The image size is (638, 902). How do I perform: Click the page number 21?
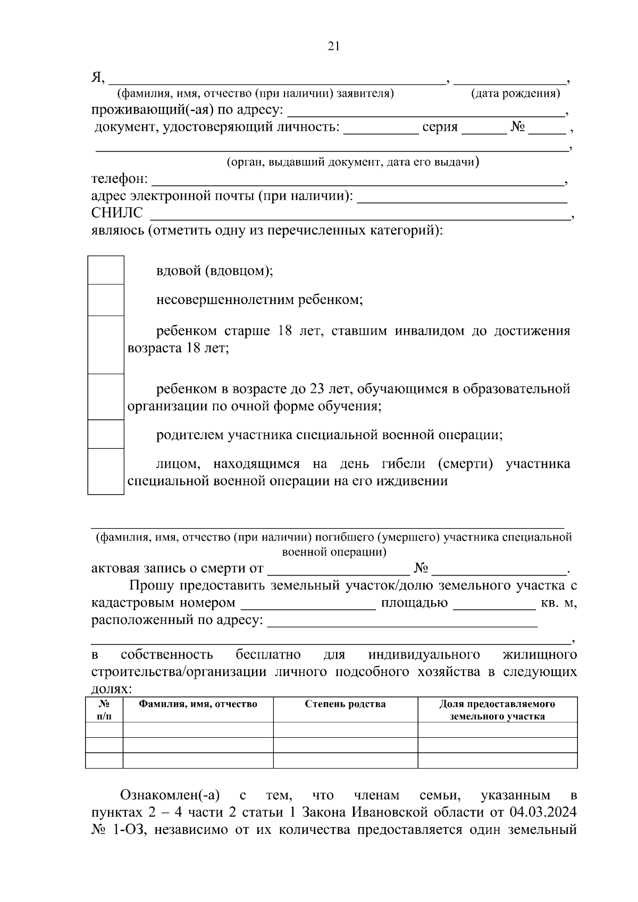pyautogui.click(x=333, y=46)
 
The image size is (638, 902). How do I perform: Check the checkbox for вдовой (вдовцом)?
pyautogui.click(x=105, y=271)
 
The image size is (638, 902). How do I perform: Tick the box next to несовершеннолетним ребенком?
pyautogui.click(x=105, y=300)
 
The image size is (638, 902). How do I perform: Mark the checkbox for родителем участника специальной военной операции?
pyautogui.click(x=105, y=435)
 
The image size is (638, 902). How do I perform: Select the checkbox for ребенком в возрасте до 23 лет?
pyautogui.click(x=105, y=397)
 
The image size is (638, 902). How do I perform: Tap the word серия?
pyautogui.click(x=440, y=128)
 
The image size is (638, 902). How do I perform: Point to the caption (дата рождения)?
pyautogui.click(x=515, y=94)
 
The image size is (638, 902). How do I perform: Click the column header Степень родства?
pyautogui.click(x=345, y=704)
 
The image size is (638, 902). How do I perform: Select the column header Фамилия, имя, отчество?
pyautogui.click(x=198, y=704)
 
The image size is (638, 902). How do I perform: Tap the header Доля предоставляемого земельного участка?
pyautogui.click(x=497, y=710)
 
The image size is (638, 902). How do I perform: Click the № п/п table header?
pyautogui.click(x=104, y=710)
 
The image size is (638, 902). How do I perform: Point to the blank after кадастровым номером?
pyautogui.click(x=308, y=604)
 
